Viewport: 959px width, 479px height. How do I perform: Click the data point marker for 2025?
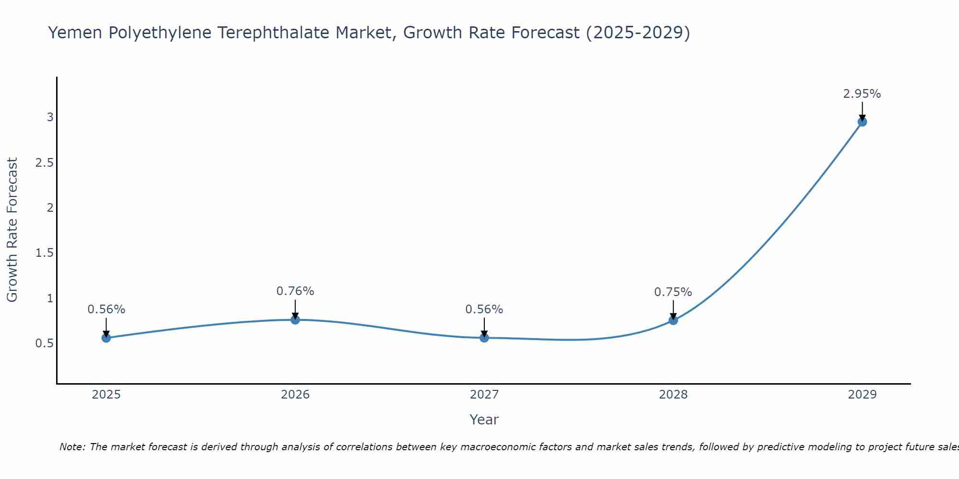click(x=106, y=338)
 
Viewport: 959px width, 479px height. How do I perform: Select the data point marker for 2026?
click(x=295, y=319)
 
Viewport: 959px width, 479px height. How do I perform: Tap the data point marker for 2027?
click(x=484, y=338)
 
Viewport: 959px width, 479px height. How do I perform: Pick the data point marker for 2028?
click(x=673, y=320)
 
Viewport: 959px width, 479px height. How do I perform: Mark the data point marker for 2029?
click(x=862, y=122)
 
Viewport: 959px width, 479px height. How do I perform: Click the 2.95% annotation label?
click(x=862, y=94)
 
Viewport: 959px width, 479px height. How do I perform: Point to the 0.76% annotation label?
click(x=295, y=291)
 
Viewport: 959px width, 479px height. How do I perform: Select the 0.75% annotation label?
click(x=673, y=292)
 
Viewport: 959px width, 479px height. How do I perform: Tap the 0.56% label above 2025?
click(x=106, y=309)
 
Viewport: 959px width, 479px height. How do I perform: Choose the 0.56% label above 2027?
click(x=484, y=309)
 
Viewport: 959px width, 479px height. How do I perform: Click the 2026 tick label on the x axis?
click(x=295, y=395)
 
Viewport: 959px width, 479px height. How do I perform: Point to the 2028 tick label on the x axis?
click(x=673, y=395)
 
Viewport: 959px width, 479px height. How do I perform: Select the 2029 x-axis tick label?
click(x=862, y=395)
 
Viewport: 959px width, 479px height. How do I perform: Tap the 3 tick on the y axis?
click(x=50, y=117)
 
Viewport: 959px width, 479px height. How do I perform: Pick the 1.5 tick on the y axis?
click(x=44, y=253)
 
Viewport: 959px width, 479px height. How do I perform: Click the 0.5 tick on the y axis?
click(x=44, y=343)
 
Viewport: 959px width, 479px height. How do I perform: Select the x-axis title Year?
click(x=484, y=420)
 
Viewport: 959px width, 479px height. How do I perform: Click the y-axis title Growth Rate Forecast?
click(x=12, y=230)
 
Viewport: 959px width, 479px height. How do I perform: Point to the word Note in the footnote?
click(x=72, y=447)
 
